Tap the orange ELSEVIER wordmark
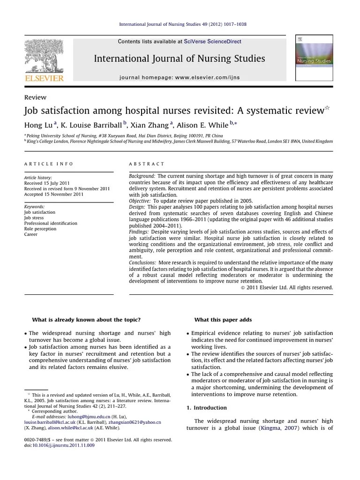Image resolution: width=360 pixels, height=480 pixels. (44, 78)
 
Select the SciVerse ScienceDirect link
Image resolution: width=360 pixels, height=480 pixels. (213, 42)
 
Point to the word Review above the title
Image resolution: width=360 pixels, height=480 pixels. (35, 97)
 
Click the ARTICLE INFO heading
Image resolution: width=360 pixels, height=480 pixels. (49, 164)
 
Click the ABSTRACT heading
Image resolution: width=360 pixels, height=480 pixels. (147, 164)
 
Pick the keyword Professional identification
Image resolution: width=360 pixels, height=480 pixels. (51, 223)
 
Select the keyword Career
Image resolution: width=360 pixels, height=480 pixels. (30, 234)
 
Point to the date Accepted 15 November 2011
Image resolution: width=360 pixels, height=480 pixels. (54, 194)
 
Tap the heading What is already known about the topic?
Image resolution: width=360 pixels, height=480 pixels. (86, 320)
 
